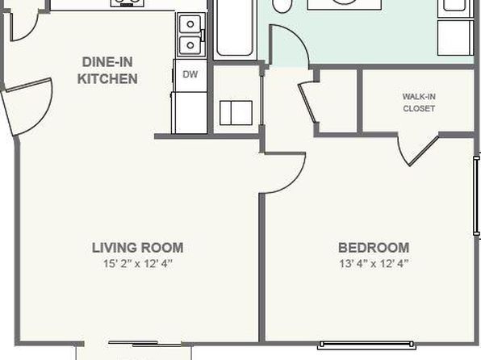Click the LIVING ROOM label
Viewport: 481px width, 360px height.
(x=138, y=248)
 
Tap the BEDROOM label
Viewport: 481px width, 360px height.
(x=374, y=248)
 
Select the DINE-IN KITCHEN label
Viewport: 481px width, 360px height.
(x=107, y=70)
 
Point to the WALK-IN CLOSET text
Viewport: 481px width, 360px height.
(x=419, y=103)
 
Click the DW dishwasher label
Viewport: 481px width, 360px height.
(x=190, y=74)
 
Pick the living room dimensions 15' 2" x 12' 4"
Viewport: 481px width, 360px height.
(x=138, y=263)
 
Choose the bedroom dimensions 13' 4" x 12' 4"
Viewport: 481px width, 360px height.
(x=374, y=263)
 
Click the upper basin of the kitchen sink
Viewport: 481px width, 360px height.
(x=190, y=24)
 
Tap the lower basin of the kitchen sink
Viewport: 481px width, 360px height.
(x=190, y=45)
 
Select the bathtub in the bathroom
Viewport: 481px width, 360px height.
(x=235, y=28)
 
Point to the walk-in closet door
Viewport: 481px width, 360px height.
(x=418, y=151)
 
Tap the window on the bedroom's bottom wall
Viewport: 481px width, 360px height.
(x=366, y=345)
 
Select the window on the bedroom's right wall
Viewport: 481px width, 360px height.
(x=476, y=196)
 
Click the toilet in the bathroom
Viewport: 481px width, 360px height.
(x=282, y=6)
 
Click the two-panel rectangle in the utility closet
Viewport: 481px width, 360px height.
(x=236, y=113)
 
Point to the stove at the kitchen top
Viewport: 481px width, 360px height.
(x=128, y=3)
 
